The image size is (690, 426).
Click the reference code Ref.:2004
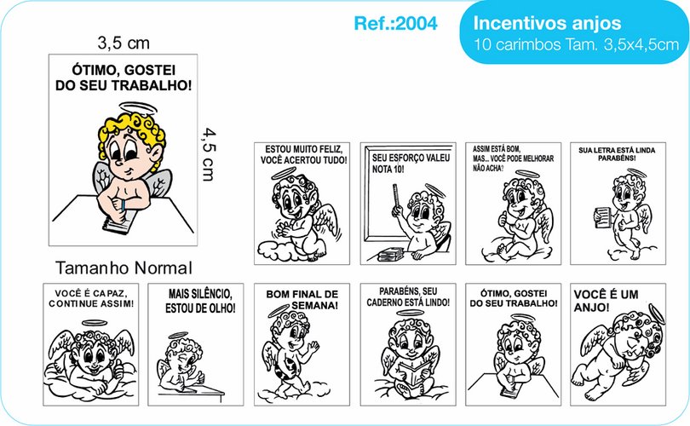click(395, 23)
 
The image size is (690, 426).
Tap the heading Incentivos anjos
click(547, 23)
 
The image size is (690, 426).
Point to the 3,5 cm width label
click(124, 43)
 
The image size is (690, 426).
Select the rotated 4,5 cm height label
click(209, 154)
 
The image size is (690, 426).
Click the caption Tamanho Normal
click(124, 268)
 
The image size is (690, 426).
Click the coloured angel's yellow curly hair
click(132, 132)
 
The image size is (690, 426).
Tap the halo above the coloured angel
click(138, 108)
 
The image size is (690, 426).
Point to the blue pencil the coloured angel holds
click(124, 206)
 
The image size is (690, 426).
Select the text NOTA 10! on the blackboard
click(388, 169)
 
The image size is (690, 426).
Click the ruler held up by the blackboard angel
click(395, 196)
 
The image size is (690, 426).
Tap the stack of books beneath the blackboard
click(390, 254)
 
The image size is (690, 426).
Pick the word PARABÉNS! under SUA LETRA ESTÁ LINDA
click(617, 158)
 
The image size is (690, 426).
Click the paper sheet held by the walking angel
click(602, 216)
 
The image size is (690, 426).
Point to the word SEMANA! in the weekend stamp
click(314, 305)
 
